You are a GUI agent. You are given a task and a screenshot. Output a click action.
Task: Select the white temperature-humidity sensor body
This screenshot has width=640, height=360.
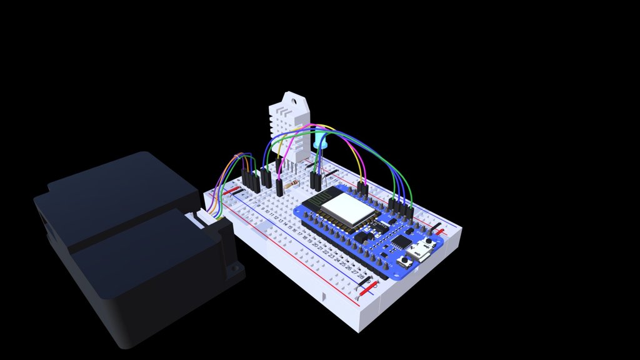(289, 128)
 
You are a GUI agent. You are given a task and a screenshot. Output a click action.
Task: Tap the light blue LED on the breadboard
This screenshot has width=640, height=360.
(321, 143)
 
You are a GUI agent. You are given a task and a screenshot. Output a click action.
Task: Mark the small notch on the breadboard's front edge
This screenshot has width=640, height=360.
(323, 294)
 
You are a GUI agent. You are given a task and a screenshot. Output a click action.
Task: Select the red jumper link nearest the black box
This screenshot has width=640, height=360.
(233, 191)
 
